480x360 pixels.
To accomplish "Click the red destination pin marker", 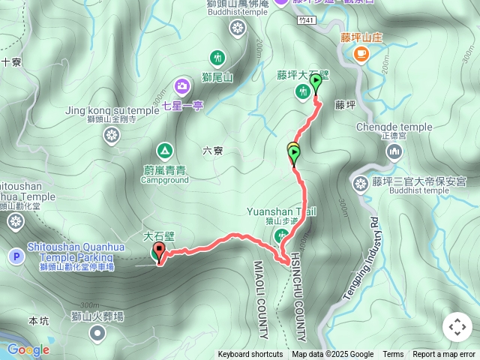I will coord(159,252).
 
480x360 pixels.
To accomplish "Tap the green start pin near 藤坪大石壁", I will coord(316,81).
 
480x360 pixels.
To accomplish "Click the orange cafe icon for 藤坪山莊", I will coord(361,52).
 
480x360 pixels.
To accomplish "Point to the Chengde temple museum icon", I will coord(394,152).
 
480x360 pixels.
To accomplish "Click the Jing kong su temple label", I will coord(112,109).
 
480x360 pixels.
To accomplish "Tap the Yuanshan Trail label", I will coord(281,211).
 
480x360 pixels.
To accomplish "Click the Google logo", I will coord(28,349).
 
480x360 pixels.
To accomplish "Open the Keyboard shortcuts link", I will coord(250,355).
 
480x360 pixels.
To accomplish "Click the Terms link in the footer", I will coord(393,355).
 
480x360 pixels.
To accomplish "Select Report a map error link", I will coord(444,355).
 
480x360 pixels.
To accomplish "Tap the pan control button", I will coord(457,327).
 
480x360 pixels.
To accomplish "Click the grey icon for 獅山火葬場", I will coord(97,334).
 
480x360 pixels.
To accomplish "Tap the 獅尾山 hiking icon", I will coord(217,57).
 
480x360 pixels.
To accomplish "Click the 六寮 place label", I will coord(213,151).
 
